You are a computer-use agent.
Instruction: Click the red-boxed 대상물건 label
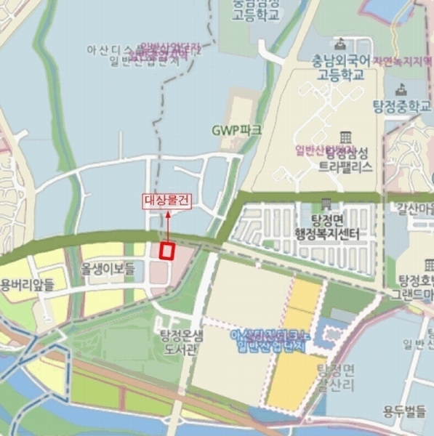[166, 202]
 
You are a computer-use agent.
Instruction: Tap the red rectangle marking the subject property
[167, 251]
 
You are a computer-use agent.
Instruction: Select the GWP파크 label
[236, 130]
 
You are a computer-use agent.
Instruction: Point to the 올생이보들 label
[108, 270]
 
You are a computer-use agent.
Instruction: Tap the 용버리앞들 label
[27, 286]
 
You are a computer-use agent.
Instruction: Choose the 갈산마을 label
[414, 209]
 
